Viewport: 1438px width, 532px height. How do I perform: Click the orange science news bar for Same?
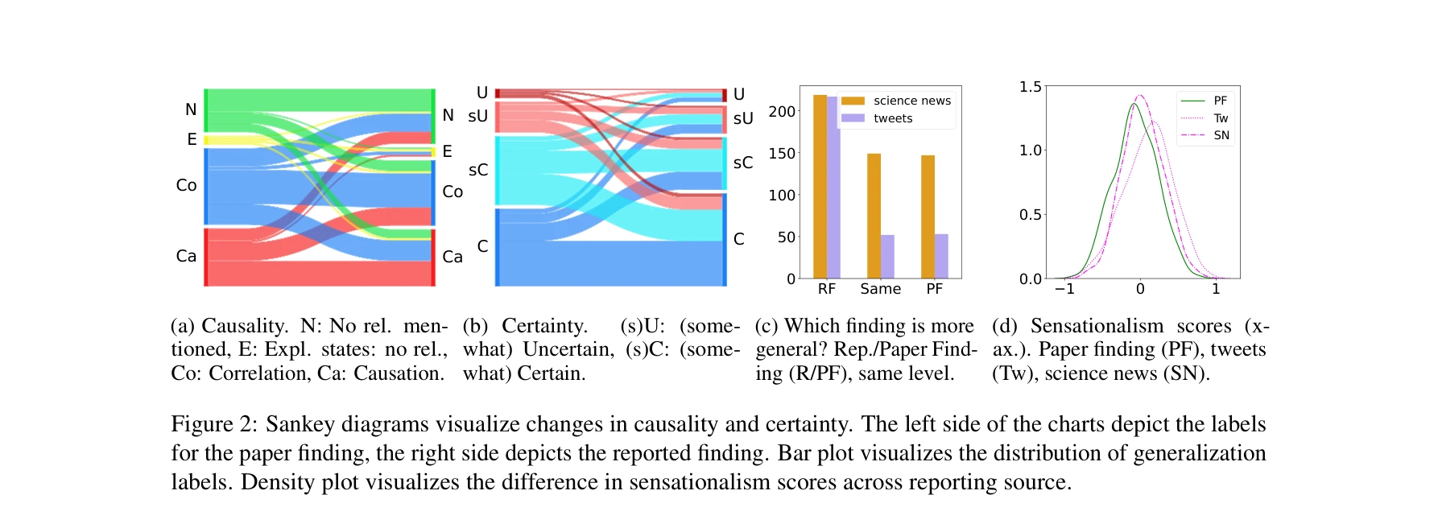[874, 216]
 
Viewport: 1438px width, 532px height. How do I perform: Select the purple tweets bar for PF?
[941, 256]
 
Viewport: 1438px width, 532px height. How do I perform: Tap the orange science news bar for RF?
[820, 187]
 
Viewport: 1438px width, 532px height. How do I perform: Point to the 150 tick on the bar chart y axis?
[782, 153]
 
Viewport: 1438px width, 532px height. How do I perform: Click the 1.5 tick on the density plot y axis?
[1030, 87]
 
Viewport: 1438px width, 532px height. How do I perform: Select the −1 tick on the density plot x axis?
[1064, 289]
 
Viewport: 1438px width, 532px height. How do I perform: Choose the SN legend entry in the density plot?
[1221, 135]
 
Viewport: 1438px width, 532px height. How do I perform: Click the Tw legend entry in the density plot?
[1221, 118]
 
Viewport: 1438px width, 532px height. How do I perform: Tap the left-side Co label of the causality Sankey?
[186, 185]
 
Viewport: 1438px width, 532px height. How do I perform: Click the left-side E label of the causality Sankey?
[192, 139]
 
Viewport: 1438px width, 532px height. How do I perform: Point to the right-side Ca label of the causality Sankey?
[452, 257]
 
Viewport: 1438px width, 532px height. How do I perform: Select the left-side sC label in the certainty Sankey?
[478, 170]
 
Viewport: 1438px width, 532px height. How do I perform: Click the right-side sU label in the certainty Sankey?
[743, 118]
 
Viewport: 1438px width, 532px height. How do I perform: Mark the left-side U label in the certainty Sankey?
[482, 93]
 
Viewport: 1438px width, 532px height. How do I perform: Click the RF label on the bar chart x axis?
[826, 289]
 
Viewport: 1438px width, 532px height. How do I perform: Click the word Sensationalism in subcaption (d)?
[1097, 326]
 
